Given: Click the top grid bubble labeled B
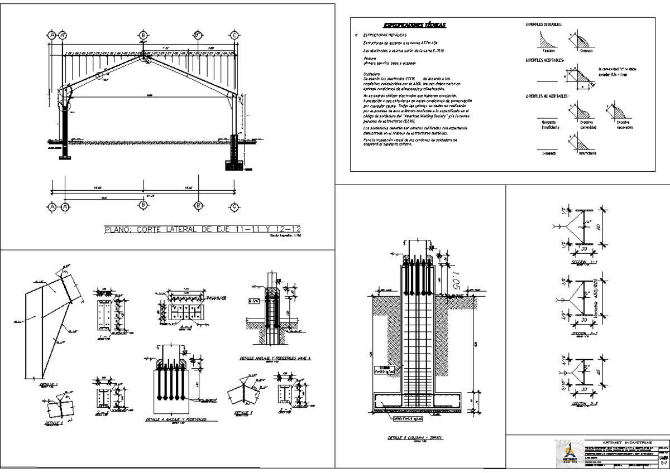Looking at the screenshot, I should pos(143,35).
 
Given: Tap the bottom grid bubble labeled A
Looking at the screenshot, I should pos(52,206).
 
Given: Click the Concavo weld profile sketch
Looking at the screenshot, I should pos(545,42).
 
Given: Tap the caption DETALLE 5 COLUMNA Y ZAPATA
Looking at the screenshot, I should pos(414,438).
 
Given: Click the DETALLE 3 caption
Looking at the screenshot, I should pos(244,413).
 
